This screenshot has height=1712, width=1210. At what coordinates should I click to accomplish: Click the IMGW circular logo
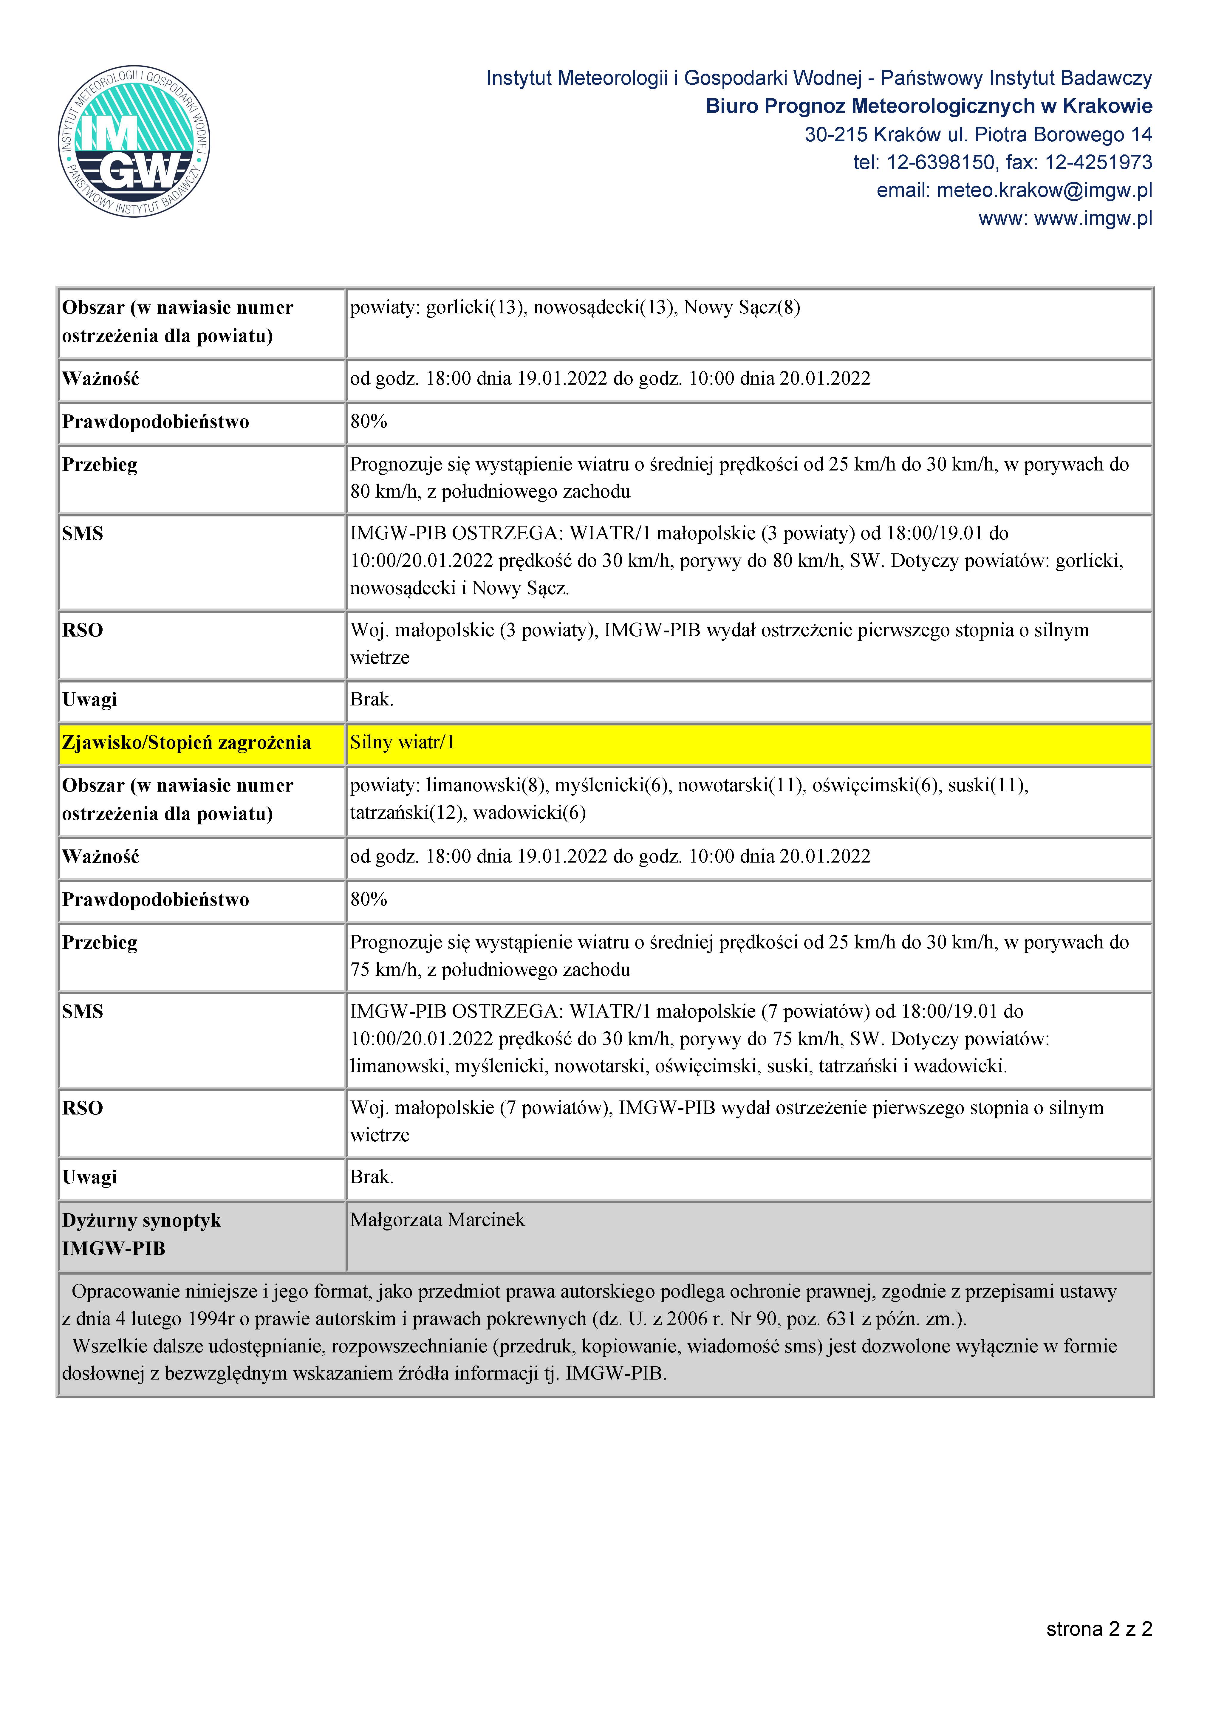(x=134, y=141)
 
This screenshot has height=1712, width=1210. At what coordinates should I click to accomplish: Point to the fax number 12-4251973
(x=1099, y=162)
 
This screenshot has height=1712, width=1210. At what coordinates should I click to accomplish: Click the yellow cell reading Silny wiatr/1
(x=403, y=743)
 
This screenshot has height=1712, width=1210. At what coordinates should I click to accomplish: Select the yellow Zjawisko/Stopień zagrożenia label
(x=186, y=743)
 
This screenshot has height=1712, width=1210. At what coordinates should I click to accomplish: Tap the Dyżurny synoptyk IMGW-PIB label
(x=142, y=1234)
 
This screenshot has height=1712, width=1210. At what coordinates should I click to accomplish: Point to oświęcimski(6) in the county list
(x=876, y=785)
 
